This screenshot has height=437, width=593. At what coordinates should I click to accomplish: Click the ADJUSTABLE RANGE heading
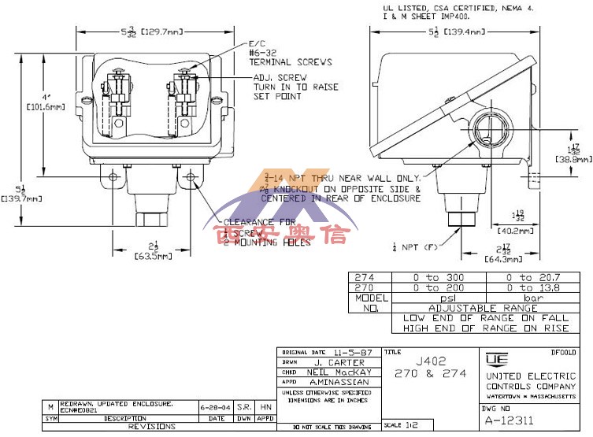click(482, 309)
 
